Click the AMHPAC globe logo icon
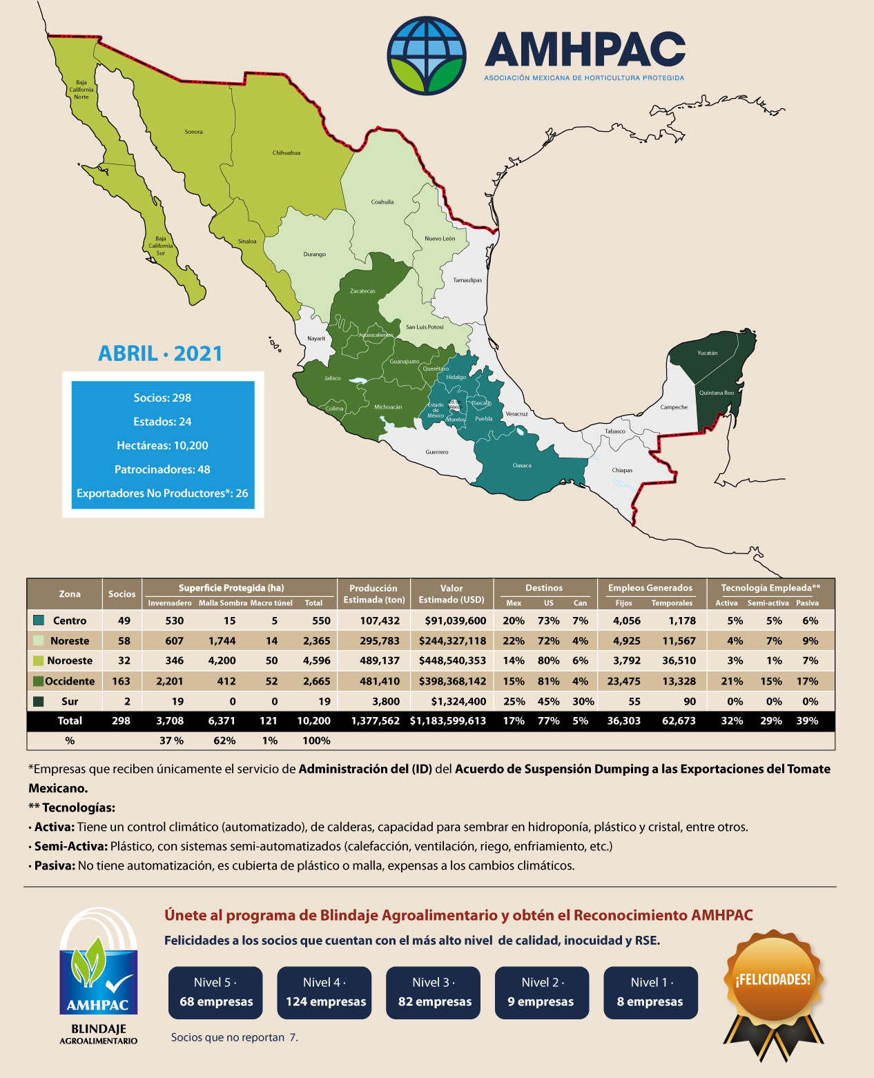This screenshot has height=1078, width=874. coord(426,55)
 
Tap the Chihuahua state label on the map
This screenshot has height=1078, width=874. coord(286,153)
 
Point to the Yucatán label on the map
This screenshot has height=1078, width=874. coord(707,353)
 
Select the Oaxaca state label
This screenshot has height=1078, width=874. coord(522,465)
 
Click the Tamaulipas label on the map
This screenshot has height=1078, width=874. coord(467,280)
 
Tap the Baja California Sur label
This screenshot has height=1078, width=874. coord(160,246)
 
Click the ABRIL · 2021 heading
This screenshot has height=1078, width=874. coord(160,353)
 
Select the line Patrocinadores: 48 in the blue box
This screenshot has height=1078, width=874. coord(162,469)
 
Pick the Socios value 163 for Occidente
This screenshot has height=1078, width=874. coord(121,681)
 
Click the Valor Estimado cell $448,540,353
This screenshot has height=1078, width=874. coord(452,660)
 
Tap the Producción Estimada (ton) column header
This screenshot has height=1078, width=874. coord(373,594)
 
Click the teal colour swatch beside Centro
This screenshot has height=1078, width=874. coord(39,620)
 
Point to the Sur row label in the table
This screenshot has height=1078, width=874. coord(70,701)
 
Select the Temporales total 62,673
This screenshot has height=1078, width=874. coord(678,721)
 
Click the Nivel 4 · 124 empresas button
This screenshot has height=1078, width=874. coord(324,992)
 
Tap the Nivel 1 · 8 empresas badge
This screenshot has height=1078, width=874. coord(650,992)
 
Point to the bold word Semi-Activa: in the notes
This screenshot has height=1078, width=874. coord(71,846)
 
